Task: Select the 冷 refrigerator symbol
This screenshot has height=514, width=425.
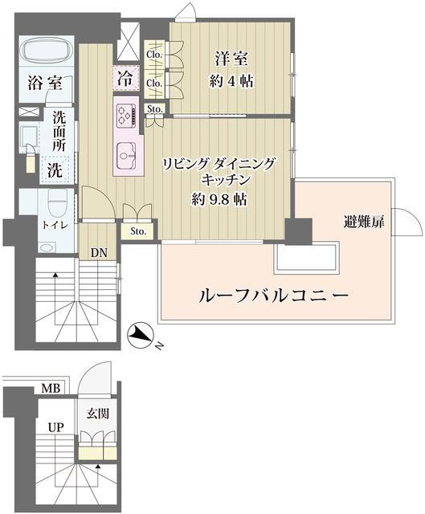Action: [x=126, y=79]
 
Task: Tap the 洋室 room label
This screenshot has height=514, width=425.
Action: [x=231, y=58]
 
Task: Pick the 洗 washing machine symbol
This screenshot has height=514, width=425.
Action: [x=53, y=169]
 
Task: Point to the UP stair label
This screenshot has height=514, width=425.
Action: [x=55, y=426]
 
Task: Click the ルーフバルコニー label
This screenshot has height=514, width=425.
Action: [x=273, y=296]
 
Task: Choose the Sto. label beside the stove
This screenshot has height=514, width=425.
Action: [x=155, y=108]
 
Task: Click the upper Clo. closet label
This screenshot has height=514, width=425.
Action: [x=155, y=55]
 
